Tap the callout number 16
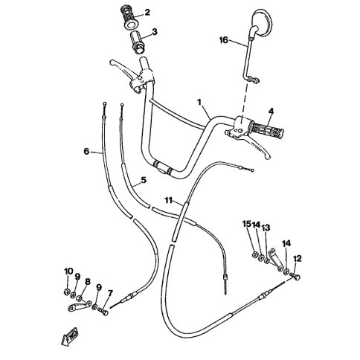pos(224,40)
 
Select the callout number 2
pos(147,12)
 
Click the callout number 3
pos(155,32)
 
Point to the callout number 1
pos(199,102)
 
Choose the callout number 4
pos(271,112)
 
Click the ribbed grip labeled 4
pos(268,129)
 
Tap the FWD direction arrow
pos(70,336)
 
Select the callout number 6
pos(86,151)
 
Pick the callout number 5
pos(144,180)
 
